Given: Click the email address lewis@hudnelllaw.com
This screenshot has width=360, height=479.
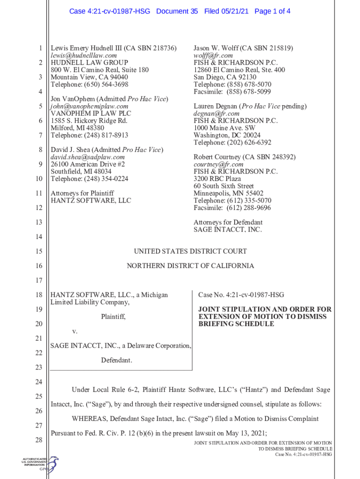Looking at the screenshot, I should [x=83, y=55].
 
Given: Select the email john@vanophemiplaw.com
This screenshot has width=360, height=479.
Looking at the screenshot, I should [x=89, y=106].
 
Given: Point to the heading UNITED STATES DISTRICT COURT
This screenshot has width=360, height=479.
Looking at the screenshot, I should [x=190, y=251].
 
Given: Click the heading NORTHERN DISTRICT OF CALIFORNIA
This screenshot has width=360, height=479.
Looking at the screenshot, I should [x=190, y=266].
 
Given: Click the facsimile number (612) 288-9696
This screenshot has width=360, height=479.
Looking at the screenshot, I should [x=249, y=208].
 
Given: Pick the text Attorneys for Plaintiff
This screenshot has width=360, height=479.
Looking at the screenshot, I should [x=82, y=193].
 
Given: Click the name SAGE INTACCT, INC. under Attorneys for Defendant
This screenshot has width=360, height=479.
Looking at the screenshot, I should [x=228, y=230].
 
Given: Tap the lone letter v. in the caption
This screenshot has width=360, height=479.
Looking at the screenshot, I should [x=74, y=331].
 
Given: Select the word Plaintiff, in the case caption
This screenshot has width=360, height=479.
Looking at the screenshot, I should [x=113, y=317].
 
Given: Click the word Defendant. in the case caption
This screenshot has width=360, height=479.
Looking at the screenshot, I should [x=116, y=360].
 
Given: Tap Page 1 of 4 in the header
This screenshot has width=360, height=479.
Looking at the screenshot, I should [x=273, y=11].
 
